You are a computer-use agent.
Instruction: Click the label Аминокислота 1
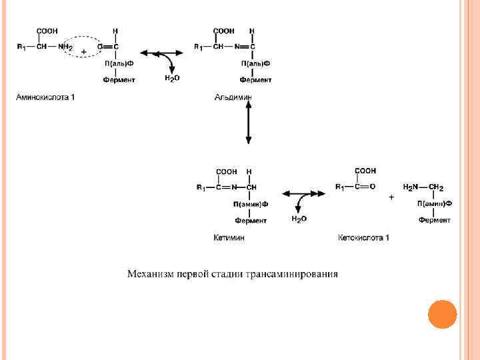[45, 97]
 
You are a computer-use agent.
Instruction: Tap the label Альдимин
[233, 97]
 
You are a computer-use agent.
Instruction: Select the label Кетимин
[229, 238]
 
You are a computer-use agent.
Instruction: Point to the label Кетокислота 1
[363, 238]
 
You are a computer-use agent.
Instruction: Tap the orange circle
[442, 314]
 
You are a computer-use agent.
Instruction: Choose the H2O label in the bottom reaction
[299, 219]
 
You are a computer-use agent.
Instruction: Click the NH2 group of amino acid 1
[65, 47]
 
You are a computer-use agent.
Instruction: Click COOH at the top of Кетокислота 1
[365, 171]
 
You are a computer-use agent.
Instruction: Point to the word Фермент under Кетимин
[251, 220]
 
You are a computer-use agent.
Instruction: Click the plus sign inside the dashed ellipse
[83, 51]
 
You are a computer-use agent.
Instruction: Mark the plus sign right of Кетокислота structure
[391, 197]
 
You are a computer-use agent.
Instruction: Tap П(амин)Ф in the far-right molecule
[435, 203]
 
